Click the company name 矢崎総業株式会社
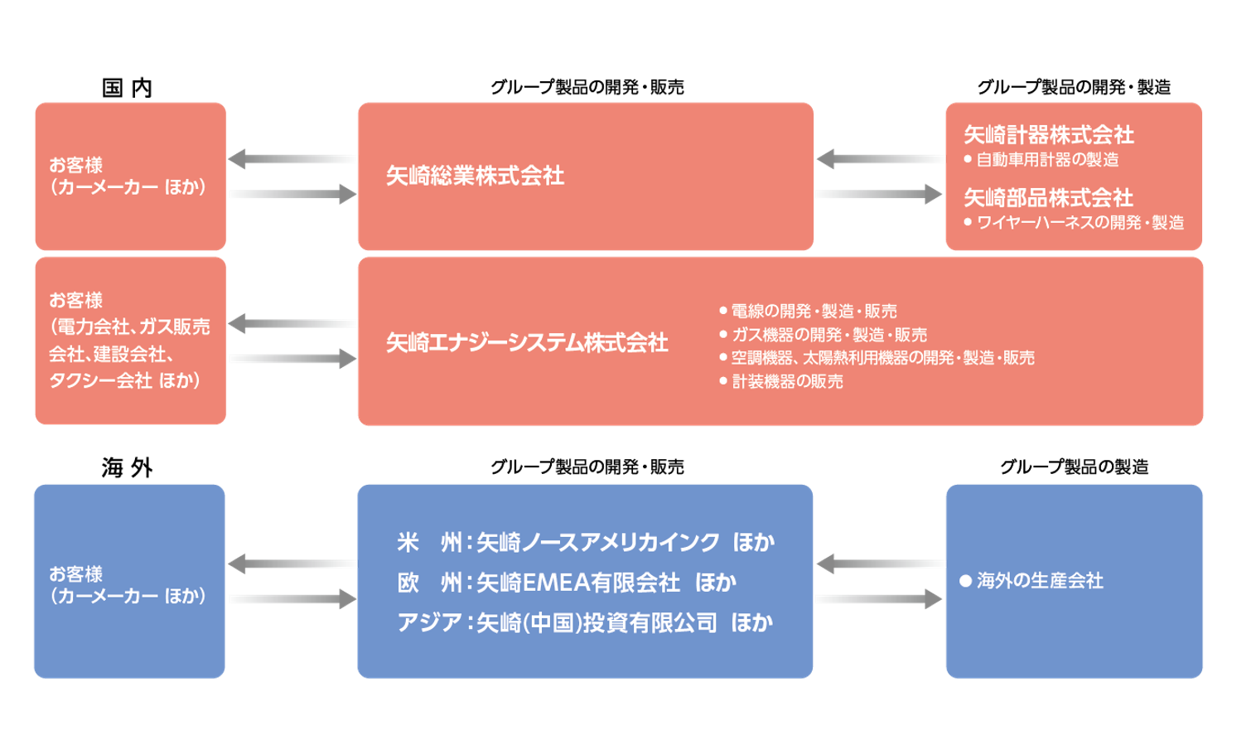point(475,176)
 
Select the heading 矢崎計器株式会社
point(1048,134)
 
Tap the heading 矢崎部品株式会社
point(1048,197)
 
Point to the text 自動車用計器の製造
point(1047,159)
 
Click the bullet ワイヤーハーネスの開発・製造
point(1080,222)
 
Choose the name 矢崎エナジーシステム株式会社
point(527,343)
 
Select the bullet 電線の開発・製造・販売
point(814,312)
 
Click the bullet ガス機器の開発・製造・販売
point(828,335)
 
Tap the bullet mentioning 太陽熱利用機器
point(882,358)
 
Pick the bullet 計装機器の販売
point(787,381)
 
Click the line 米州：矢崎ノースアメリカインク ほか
point(586,542)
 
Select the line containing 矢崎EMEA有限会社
point(567,583)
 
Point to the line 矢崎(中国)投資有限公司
point(585,622)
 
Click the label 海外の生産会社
point(1039,581)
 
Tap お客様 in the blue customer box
point(75,573)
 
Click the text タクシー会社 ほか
point(124,380)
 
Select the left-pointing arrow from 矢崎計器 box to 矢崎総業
point(880,158)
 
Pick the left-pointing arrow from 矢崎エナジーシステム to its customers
point(292,323)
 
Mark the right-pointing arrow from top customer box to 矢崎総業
point(292,194)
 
